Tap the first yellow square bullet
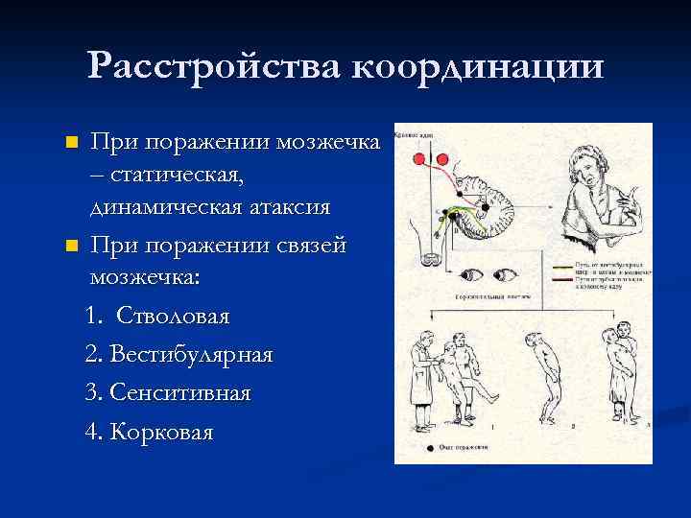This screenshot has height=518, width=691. [69, 143]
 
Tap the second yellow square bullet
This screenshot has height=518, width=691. [69, 247]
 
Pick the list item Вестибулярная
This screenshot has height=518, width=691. [191, 354]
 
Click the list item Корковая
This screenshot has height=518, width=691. [162, 433]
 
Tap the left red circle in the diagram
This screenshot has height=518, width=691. [419, 159]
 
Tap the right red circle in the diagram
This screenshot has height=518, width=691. [442, 159]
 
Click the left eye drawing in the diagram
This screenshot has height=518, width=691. [473, 276]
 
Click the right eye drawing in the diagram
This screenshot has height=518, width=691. [503, 276]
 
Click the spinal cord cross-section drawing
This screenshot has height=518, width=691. [429, 258]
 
